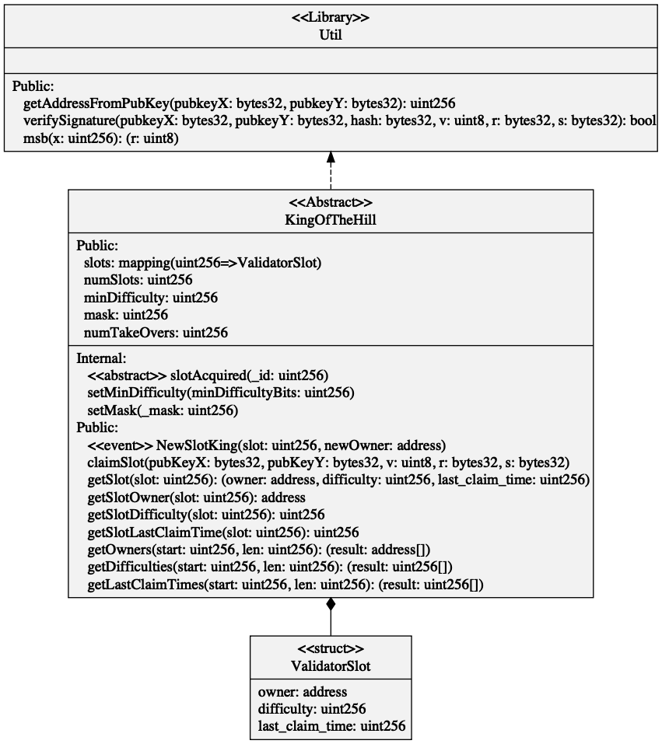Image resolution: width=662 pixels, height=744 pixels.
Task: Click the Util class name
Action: click(331, 35)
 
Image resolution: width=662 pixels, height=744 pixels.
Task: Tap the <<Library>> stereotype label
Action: click(331, 19)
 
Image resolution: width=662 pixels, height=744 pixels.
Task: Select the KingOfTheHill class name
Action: click(331, 220)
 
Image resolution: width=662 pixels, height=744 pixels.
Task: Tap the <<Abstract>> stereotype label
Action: click(331, 204)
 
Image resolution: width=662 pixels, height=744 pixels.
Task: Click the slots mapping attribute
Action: click(202, 263)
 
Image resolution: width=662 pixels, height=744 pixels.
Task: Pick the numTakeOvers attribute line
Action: click(156, 333)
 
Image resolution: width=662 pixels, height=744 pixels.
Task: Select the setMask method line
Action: click(163, 410)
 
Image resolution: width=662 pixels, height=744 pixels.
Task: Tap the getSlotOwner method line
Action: click(195, 497)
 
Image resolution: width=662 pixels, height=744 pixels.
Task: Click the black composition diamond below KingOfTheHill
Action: click(331, 605)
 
